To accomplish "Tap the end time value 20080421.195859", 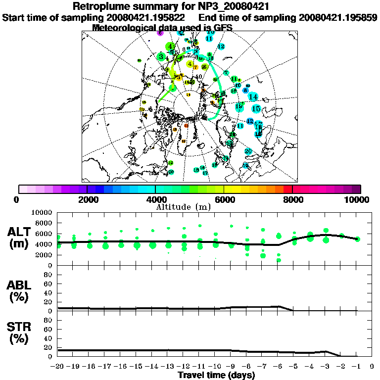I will click(337, 17).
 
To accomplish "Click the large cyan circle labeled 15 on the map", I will click(256, 108).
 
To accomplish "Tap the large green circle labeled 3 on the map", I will click(161, 57).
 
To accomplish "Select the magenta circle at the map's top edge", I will click(160, 33).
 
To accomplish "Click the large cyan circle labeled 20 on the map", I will click(248, 151).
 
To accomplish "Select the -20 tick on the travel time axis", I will click(58, 367).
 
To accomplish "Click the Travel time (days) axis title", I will click(216, 375).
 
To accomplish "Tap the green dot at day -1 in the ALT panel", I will click(357, 239).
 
